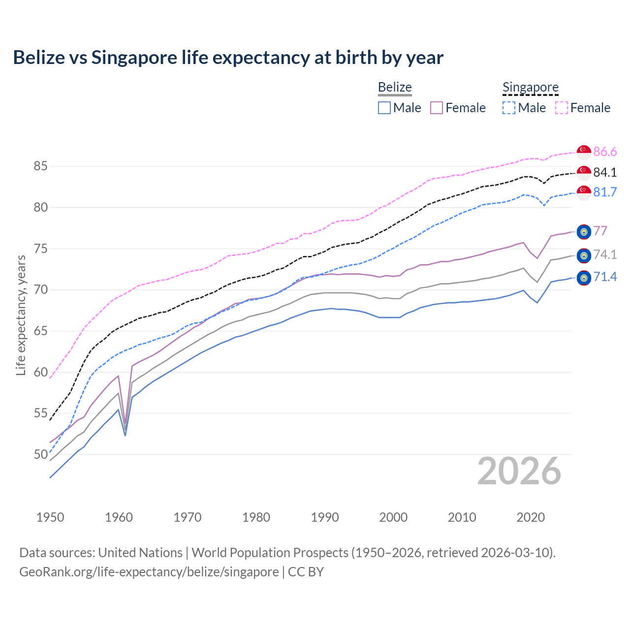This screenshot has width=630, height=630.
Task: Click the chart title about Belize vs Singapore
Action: (x=228, y=58)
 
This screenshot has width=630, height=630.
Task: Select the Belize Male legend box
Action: (x=384, y=108)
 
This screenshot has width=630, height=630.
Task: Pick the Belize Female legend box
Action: (x=437, y=108)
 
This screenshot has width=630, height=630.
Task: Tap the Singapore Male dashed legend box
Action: (x=509, y=108)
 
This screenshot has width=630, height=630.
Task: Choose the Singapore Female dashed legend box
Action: (x=561, y=108)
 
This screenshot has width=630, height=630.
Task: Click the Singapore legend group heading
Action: (x=530, y=88)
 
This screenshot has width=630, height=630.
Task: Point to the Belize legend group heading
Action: (x=395, y=88)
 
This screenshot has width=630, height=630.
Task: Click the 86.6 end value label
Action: (x=605, y=152)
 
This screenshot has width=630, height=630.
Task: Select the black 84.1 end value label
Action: (x=605, y=172)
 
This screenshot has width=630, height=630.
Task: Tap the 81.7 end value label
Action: (x=605, y=192)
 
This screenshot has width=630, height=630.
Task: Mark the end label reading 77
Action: (x=600, y=231)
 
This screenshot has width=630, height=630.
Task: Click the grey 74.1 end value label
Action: (x=605, y=254)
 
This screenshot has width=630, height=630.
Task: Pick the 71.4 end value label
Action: (x=605, y=277)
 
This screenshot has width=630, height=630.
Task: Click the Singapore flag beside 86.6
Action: (x=584, y=152)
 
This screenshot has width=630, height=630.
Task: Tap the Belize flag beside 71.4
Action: (x=584, y=278)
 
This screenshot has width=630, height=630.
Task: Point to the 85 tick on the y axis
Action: (x=40, y=166)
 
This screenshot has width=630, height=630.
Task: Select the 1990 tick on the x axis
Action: (x=325, y=517)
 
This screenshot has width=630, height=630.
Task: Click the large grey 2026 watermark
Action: (x=519, y=471)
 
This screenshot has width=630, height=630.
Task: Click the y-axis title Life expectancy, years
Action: (x=21, y=315)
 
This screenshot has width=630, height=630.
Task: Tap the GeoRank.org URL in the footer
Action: (x=149, y=572)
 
